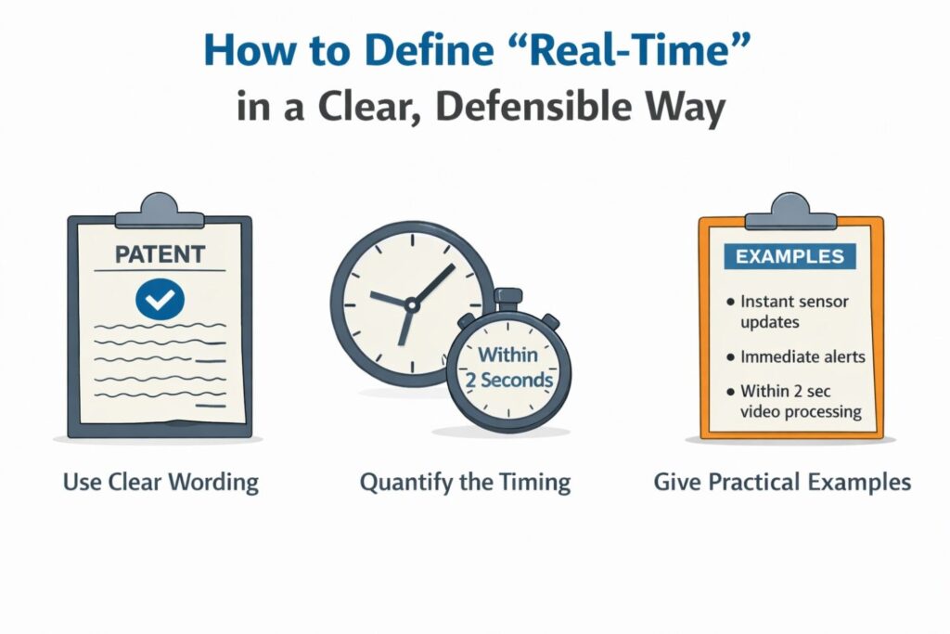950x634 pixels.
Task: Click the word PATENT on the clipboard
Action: tap(160, 252)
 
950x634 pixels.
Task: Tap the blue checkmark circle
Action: tap(160, 298)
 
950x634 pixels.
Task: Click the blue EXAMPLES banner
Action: tap(791, 256)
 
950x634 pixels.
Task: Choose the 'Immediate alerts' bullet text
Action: tap(802, 356)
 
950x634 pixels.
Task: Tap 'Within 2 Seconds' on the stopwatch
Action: tap(507, 369)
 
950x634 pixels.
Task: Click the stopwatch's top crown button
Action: tap(507, 299)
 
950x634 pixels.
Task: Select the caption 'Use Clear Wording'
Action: tap(160, 483)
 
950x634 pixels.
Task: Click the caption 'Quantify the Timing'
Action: tap(465, 483)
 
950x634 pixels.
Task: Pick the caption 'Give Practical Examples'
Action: tap(782, 483)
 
